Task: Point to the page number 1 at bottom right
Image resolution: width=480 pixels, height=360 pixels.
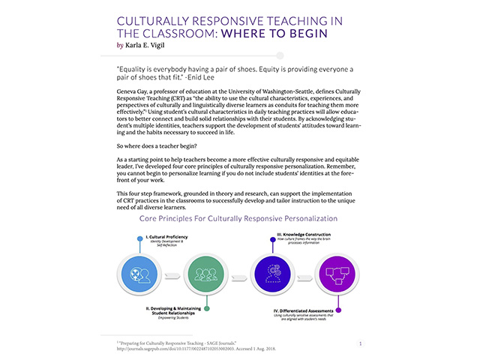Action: (x=361, y=343)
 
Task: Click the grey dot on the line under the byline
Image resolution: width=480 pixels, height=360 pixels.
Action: (x=280, y=55)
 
